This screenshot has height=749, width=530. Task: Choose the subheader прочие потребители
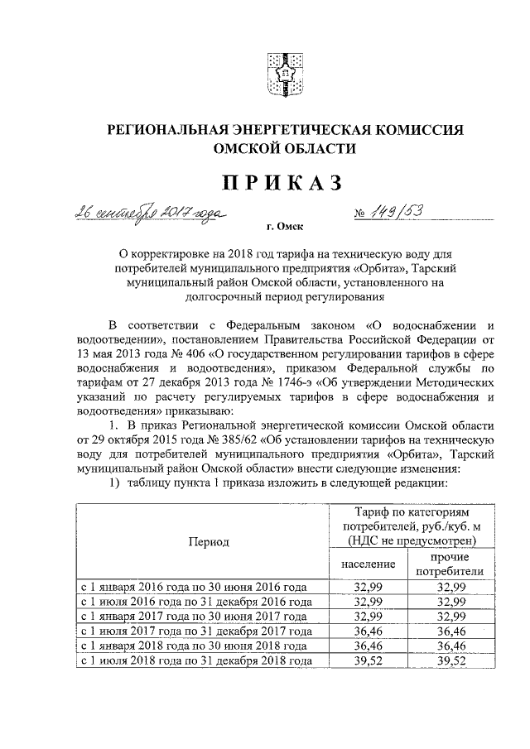[448, 564]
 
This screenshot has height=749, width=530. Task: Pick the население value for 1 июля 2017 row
[369, 631]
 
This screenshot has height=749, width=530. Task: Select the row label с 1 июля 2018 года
[195, 660]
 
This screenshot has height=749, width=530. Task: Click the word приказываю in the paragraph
[197, 412]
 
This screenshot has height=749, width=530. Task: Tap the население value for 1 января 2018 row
[369, 646]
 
